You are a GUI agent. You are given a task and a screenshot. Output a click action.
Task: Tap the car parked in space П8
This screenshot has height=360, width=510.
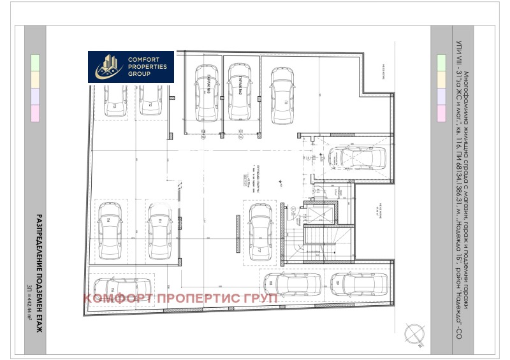293,284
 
